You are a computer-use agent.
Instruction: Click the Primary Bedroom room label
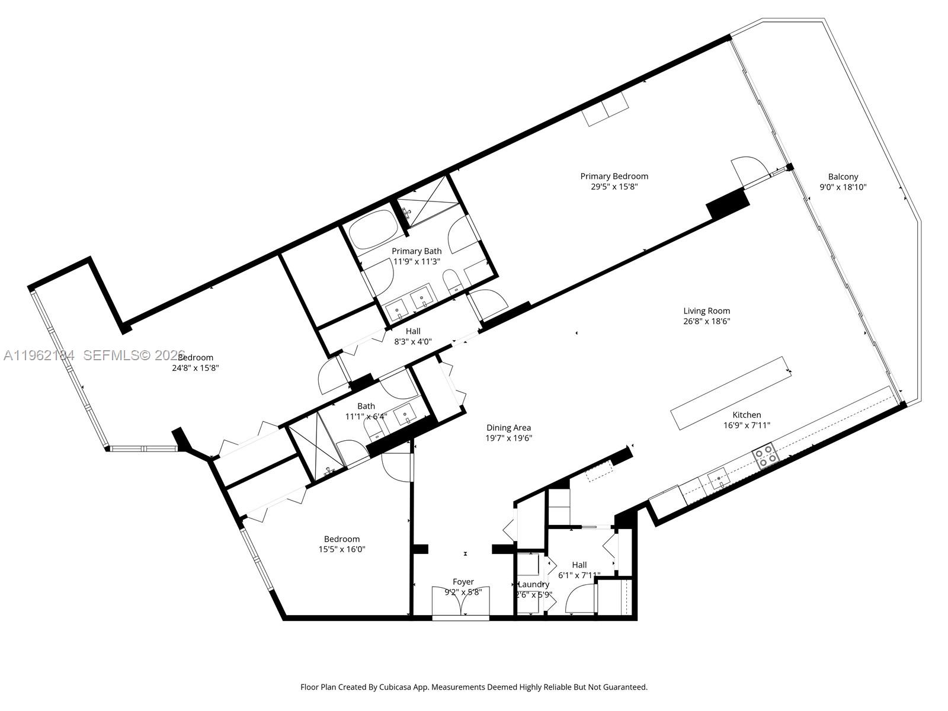pyautogui.click(x=614, y=176)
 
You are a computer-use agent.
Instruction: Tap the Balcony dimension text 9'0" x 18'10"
pyautogui.click(x=843, y=187)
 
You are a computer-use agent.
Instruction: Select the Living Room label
pyautogui.click(x=706, y=310)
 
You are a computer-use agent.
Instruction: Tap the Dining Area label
pyautogui.click(x=508, y=428)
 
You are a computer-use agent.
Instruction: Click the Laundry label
pyautogui.click(x=534, y=584)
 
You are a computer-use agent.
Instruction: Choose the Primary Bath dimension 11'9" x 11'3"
pyautogui.click(x=416, y=261)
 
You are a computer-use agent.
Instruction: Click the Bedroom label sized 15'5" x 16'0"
pyautogui.click(x=341, y=539)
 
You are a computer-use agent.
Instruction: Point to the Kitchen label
pyautogui.click(x=747, y=415)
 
